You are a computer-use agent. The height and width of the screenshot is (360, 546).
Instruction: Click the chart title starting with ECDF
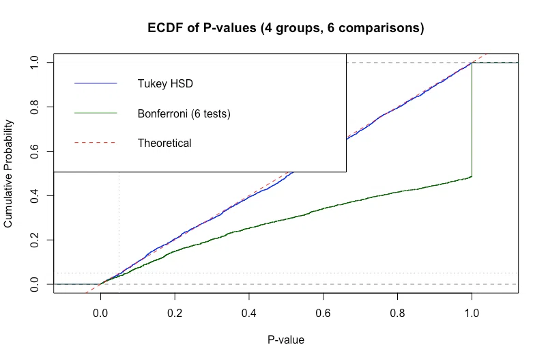pyautogui.click(x=286, y=28)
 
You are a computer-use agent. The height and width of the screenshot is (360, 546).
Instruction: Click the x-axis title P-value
pyautogui.click(x=286, y=340)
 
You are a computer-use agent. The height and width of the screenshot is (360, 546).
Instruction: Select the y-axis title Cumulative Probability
pyautogui.click(x=8, y=174)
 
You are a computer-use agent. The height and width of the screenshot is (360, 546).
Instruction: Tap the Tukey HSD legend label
pyautogui.click(x=165, y=83)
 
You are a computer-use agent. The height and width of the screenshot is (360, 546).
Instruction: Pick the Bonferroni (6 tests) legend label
pyautogui.click(x=184, y=113)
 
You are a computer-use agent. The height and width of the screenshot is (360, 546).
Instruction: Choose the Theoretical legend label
pyautogui.click(x=164, y=143)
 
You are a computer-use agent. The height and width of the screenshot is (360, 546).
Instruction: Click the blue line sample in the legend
pyautogui.click(x=96, y=83)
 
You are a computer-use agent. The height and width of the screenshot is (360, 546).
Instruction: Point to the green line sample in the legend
pyautogui.click(x=96, y=113)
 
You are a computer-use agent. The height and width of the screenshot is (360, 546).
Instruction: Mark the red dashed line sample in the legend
pyautogui.click(x=96, y=143)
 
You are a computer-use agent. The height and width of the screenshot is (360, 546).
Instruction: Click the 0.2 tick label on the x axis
pyautogui.click(x=175, y=313)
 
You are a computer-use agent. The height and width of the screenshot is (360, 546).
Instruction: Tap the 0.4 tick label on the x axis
pyautogui.click(x=249, y=313)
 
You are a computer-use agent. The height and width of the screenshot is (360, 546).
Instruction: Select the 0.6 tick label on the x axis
pyautogui.click(x=323, y=313)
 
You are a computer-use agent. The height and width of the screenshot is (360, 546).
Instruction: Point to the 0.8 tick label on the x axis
pyautogui.click(x=397, y=313)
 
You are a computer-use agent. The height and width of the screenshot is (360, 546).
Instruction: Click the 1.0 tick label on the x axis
pyautogui.click(x=472, y=313)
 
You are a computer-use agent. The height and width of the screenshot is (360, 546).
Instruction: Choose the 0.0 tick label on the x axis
pyautogui.click(x=100, y=313)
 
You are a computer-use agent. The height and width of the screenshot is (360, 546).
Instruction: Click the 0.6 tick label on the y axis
pyautogui.click(x=34, y=151)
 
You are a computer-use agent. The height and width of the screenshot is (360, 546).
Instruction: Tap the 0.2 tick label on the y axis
pyautogui.click(x=34, y=240)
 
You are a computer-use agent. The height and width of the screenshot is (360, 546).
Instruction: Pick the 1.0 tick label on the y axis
pyautogui.click(x=34, y=63)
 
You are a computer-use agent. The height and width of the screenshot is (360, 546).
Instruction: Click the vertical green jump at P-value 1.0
pyautogui.click(x=472, y=120)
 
